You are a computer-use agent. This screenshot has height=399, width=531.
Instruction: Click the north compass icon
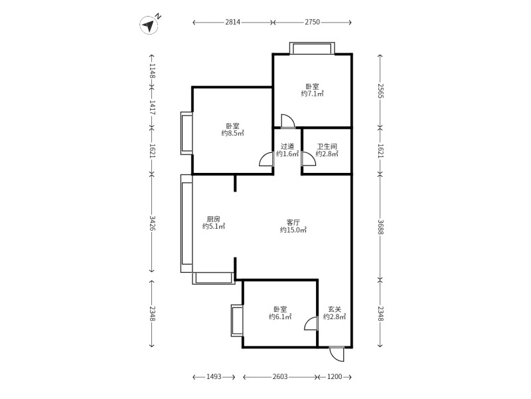tap(149, 25)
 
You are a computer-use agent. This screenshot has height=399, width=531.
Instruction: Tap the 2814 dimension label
tap(232, 22)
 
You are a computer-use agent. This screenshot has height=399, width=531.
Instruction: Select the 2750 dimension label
tap(312, 22)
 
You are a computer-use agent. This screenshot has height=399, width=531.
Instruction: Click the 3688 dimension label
tap(380, 227)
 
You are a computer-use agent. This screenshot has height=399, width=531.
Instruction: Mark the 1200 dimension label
tap(335, 377)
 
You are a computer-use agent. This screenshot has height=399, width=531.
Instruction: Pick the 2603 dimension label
tap(279, 377)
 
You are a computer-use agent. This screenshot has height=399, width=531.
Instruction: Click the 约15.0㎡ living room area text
tap(293, 230)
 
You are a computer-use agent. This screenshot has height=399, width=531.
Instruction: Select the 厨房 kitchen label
tap(213, 219)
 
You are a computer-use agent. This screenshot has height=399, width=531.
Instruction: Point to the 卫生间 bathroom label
tap(327, 146)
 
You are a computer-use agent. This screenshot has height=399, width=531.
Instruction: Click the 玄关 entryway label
tap(335, 309)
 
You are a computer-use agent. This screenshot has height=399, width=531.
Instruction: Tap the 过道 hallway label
tap(287, 146)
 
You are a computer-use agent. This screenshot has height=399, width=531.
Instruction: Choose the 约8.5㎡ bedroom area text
tap(232, 133)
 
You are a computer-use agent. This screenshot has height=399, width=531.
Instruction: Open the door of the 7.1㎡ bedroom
tap(287, 121)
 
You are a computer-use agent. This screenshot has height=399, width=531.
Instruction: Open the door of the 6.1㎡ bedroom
tap(310, 323)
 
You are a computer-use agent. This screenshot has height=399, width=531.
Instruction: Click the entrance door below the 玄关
tap(337, 354)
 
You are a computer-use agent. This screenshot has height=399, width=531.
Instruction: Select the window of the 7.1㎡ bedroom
tap(312, 49)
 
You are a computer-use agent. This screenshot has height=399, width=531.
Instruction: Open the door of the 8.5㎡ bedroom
tap(266, 160)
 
